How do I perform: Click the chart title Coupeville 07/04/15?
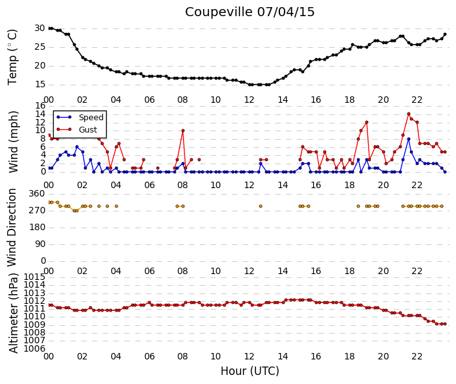(250, 12)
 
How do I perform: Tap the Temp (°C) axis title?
(12, 57)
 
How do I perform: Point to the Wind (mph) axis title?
(13, 142)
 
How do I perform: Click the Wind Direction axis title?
(12, 228)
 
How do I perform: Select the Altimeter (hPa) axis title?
(13, 313)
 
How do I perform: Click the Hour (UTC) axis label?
(250, 371)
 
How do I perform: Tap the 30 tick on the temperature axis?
(39, 28)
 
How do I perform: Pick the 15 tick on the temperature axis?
(39, 85)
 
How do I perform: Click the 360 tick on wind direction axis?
(37, 194)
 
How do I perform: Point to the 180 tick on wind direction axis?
(37, 228)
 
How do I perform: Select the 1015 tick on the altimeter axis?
(34, 277)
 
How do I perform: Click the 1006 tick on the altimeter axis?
(34, 348)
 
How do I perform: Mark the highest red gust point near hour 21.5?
(409, 114)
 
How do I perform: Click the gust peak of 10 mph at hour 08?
(182, 131)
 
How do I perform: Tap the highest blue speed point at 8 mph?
(409, 139)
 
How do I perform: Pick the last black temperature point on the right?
(444, 34)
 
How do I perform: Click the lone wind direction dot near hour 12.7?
(261, 206)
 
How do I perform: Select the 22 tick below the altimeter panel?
(417, 356)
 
